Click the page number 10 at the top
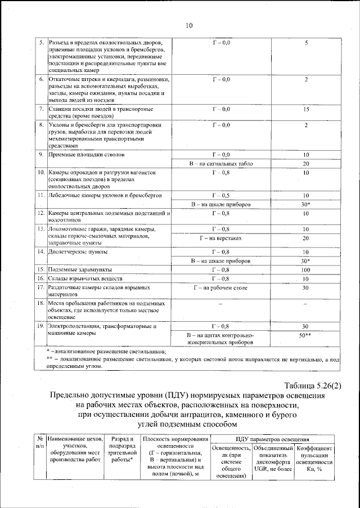pyautogui.click(x=188, y=25)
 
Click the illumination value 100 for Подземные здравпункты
pyautogui.click(x=306, y=270)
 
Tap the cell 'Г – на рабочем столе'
pyautogui.click(x=220, y=287)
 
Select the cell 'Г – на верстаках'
pyautogui.click(x=220, y=238)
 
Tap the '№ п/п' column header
pyautogui.click(x=39, y=442)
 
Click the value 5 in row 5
pyautogui.click(x=306, y=43)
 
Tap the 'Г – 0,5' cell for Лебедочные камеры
pyautogui.click(x=220, y=195)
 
